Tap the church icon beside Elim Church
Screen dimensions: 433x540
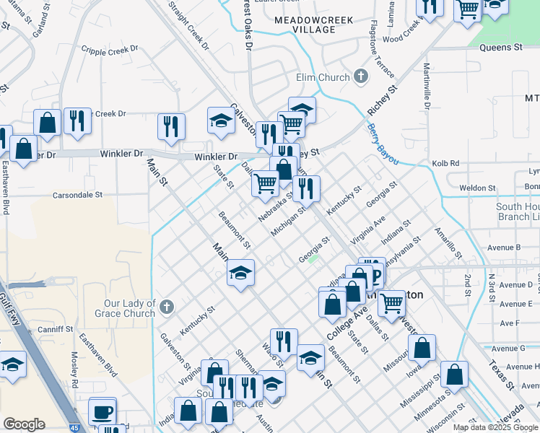pos(360,76)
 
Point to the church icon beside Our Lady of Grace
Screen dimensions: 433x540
pos(166,307)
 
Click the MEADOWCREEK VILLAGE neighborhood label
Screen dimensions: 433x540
pos(315,25)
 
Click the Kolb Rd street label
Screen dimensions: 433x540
pos(445,164)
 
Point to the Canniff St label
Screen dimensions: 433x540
pos(57,329)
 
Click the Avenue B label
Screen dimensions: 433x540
pos(505,247)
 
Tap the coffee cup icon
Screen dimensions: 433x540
pos(102,411)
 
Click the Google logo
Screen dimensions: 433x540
pos(24,424)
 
